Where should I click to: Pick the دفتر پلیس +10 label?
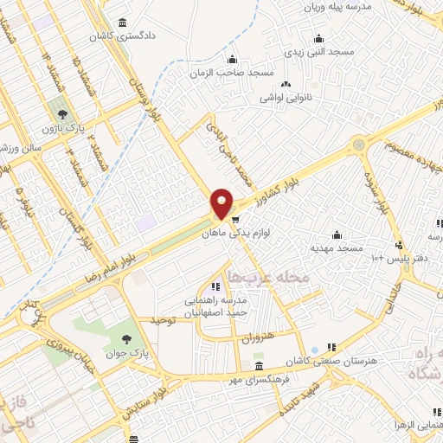click(394, 258)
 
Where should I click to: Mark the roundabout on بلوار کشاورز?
click(357, 144)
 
